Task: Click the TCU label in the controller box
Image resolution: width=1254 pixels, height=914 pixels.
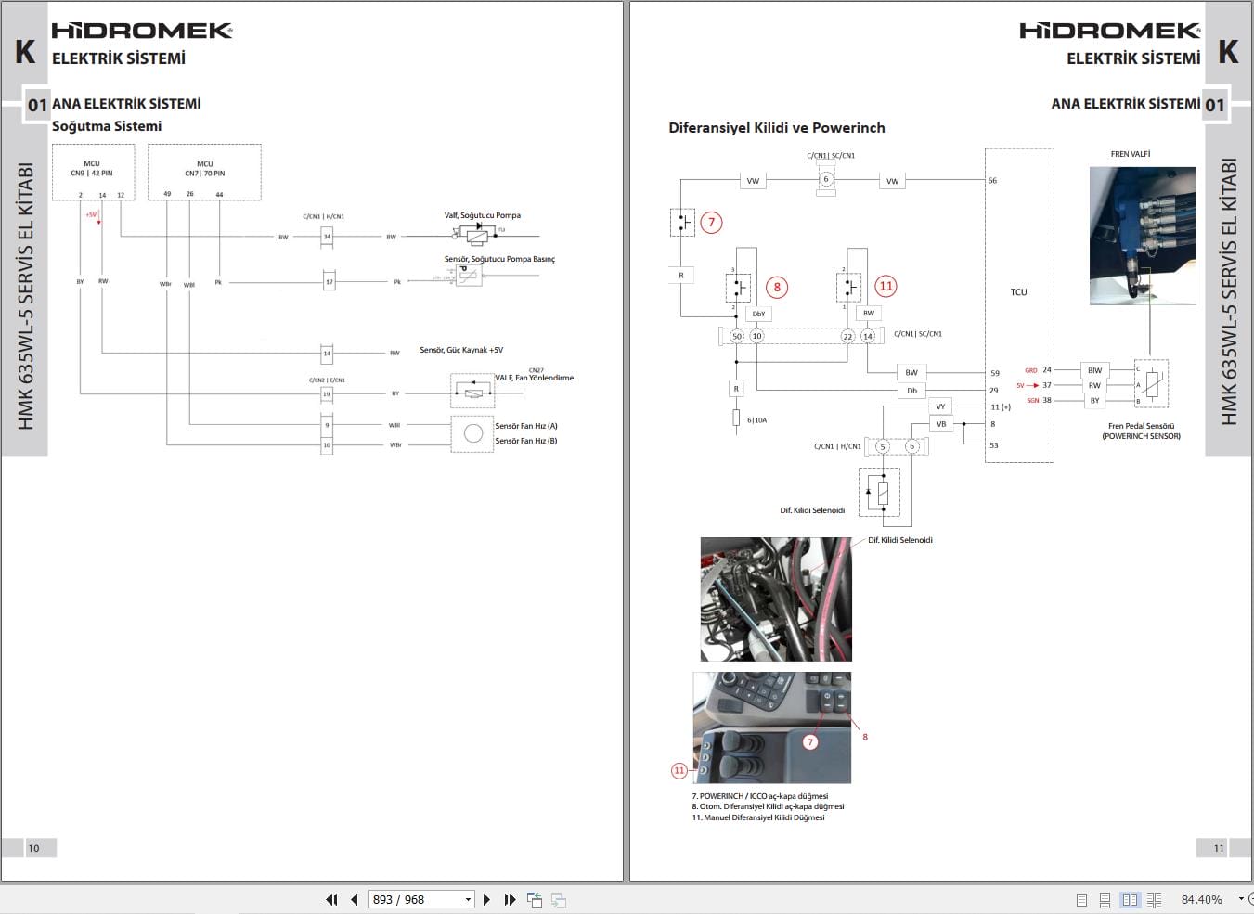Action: pos(1018,292)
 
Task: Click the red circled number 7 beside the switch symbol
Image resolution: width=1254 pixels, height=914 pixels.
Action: pos(712,223)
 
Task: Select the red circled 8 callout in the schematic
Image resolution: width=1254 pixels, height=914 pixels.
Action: pos(777,287)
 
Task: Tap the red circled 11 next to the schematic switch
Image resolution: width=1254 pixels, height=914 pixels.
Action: pos(886,287)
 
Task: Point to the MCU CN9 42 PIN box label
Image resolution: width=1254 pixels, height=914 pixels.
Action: pos(92,168)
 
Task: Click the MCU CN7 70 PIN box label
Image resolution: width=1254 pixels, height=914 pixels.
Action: pos(204,168)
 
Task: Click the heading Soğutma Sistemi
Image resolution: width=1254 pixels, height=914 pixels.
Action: pos(107,126)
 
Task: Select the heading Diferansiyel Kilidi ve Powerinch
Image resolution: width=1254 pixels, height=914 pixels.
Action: pos(777,128)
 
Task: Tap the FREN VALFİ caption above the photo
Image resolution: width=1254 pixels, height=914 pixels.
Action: pos(1131,154)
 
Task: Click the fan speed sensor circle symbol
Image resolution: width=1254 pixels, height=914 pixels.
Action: pos(472,433)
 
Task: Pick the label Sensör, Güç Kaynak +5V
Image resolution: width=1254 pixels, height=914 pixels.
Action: pos(461,350)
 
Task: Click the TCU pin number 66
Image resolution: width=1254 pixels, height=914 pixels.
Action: pos(992,181)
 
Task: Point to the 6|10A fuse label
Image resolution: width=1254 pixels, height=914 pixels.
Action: pos(757,420)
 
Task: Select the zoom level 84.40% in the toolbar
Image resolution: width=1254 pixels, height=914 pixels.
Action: pos(1201,899)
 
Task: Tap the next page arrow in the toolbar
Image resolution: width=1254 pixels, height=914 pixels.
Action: pos(486,899)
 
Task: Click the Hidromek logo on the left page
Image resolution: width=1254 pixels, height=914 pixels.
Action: pos(141,31)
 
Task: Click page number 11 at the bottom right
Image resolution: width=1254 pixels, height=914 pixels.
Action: pos(1219,848)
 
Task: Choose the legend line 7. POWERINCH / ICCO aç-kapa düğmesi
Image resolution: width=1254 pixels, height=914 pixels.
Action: pos(759,796)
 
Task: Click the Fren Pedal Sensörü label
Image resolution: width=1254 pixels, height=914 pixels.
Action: pos(1141,426)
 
